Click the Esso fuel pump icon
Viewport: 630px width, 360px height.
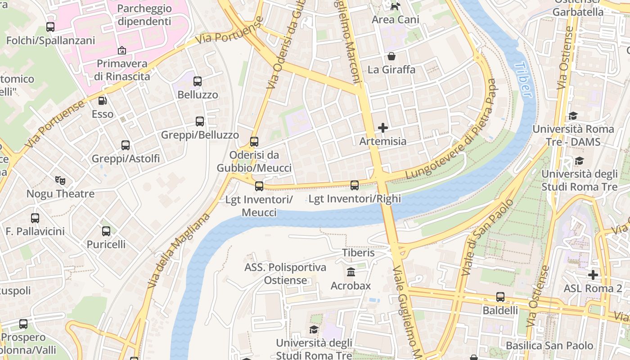point(103,101)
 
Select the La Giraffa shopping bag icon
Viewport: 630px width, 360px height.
point(391,57)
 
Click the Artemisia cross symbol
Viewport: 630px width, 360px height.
point(383,128)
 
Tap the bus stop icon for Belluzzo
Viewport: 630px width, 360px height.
point(198,81)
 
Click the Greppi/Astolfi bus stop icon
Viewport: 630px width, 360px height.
point(126,145)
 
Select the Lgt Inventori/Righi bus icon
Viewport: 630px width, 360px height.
point(355,185)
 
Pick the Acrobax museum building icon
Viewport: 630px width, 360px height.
point(351,272)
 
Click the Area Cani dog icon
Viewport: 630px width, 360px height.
point(396,6)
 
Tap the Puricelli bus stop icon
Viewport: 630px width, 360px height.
point(106,231)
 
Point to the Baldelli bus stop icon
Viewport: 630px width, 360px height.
point(500,297)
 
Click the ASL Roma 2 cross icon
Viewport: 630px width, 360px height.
point(593,274)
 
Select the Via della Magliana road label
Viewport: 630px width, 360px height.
point(179,251)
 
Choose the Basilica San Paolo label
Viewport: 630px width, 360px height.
point(549,346)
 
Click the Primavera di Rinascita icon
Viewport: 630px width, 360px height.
point(122,50)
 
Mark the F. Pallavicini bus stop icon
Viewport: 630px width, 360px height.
point(35,218)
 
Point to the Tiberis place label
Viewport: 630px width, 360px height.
point(358,253)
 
